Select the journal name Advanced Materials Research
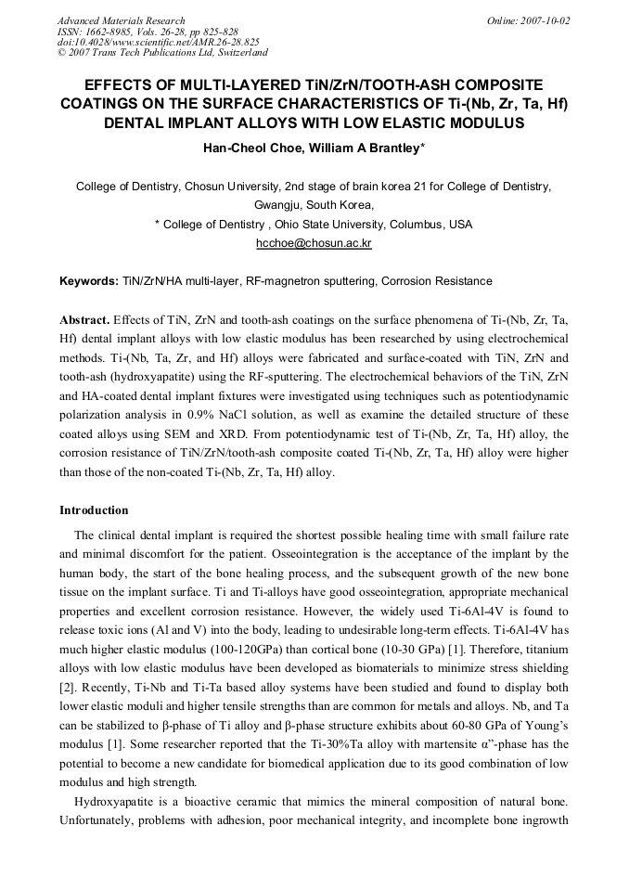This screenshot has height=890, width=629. point(121,20)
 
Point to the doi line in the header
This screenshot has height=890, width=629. point(158,42)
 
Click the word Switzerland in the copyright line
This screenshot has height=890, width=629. point(236,53)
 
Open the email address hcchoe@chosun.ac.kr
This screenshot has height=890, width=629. point(314,244)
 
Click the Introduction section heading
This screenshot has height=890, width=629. point(94,510)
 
